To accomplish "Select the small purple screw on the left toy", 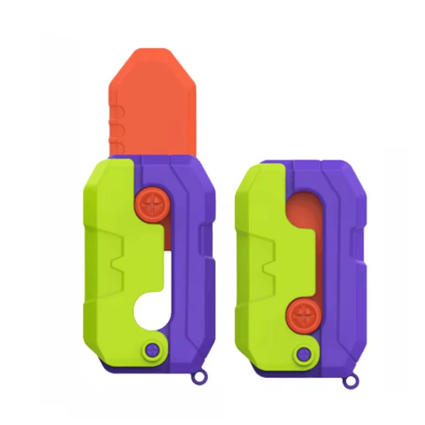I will tap(152, 349).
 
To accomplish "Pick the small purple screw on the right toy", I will tap(305, 352).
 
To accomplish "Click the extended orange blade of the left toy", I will tap(155, 102).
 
